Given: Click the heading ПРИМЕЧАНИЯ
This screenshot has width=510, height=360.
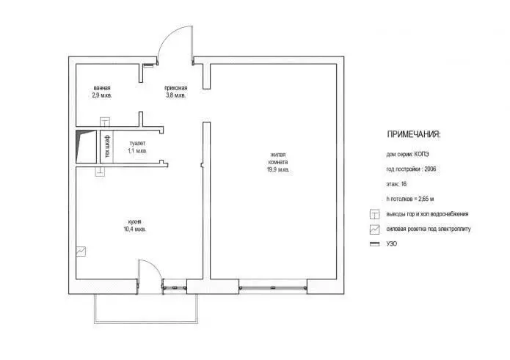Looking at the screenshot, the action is point(414,134).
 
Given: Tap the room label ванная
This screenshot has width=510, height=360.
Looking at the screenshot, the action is point(102,88).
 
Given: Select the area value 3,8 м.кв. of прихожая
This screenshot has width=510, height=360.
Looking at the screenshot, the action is point(175,95).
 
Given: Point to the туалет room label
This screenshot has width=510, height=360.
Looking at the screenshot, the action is point(137,143).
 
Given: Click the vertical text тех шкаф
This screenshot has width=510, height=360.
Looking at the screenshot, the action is point(107,147).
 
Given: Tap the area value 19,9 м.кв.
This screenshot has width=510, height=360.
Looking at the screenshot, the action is point(278,169).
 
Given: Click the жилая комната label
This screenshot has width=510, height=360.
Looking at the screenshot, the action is point(278,158).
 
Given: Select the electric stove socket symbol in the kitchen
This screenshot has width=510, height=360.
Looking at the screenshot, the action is point(81,251).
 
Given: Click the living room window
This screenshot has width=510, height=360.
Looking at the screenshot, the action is point(273,288).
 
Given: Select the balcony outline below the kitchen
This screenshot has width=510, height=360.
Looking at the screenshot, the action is point(146,323).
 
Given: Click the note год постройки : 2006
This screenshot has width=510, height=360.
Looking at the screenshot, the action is point(411,169).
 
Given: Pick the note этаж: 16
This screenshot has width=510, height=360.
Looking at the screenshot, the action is point(396,184).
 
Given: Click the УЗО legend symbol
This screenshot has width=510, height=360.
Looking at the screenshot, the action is point(375,244).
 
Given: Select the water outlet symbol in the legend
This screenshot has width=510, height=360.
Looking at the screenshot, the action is point(375,214).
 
